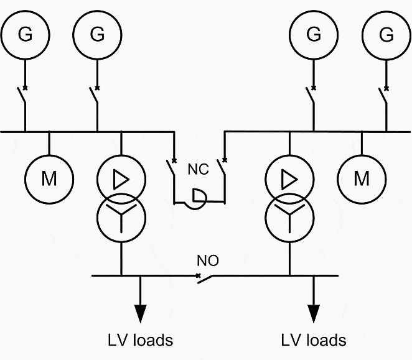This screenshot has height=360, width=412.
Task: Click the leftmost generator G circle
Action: point(26,11)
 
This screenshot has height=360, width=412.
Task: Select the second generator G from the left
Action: point(97,11)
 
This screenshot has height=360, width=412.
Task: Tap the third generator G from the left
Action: point(314,11)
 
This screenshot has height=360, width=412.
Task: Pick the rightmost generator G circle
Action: point(386,11)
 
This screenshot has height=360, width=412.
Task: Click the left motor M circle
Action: point(49,155)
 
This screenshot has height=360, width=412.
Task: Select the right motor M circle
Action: point(362,155)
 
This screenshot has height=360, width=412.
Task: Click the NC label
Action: point(199,169)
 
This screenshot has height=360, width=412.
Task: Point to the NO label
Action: point(208,261)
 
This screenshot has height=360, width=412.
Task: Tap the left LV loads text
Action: point(141,340)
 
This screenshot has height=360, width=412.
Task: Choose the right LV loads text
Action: point(314,340)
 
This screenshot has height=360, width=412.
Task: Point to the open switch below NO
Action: point(205,279)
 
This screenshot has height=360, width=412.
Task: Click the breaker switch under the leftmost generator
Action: point(22,96)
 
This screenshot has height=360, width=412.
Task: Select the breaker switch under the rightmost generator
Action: point(383,96)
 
